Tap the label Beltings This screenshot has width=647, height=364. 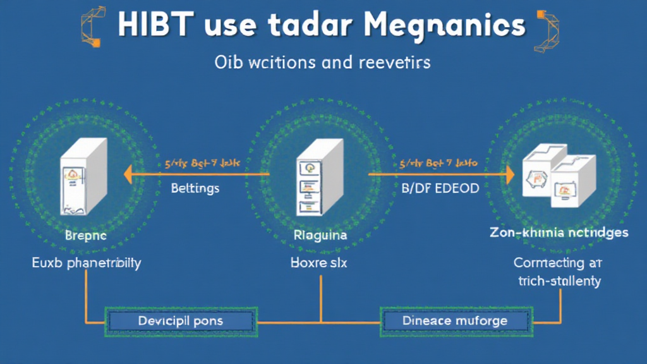195,188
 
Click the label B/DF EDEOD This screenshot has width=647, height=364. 440,188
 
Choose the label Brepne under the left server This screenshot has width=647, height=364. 86,235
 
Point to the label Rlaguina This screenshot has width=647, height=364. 320,235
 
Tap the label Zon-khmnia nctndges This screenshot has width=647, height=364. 559,233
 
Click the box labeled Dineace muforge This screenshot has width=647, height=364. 454,321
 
